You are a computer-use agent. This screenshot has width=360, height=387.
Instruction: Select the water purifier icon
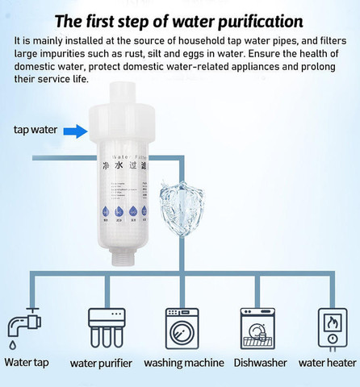(x=107, y=327)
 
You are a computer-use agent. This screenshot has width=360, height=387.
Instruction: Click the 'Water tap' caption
(x=27, y=363)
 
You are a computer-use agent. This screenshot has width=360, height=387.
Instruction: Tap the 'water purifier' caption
(x=101, y=364)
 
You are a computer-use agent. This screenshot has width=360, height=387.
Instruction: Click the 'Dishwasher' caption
(x=260, y=363)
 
